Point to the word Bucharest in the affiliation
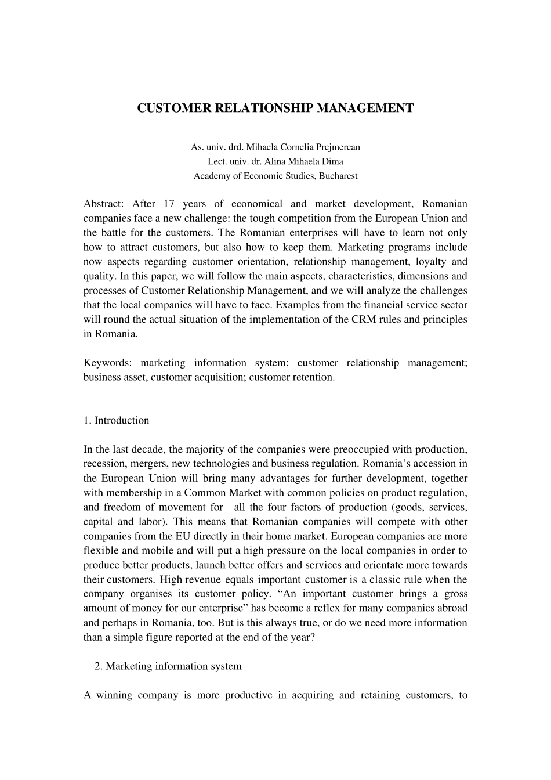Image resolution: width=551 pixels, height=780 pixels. (338, 176)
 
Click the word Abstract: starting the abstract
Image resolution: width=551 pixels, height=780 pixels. (103, 204)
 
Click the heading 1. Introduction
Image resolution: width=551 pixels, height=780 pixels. (116, 420)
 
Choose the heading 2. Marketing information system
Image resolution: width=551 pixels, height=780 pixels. (168, 666)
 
